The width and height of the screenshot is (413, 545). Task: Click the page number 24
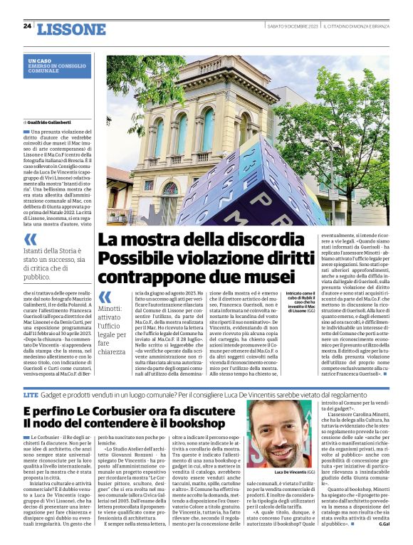pos(27,26)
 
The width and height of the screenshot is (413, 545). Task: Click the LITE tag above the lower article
pos(31,393)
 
